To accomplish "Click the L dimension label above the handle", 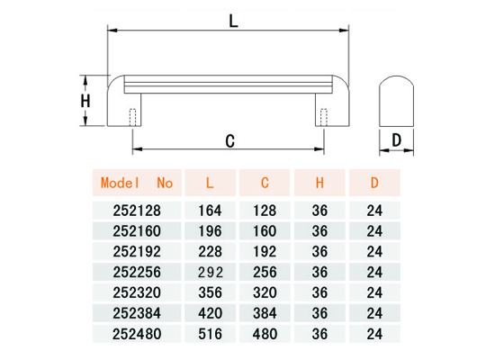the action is pyautogui.click(x=233, y=22).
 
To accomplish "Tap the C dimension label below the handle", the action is pyautogui.click(x=230, y=141).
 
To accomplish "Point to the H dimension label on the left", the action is pyautogui.click(x=85, y=101).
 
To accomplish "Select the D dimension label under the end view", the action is pyautogui.click(x=396, y=139).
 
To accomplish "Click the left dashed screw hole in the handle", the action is pyautogui.click(x=133, y=117).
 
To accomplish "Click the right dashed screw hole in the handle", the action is pyautogui.click(x=324, y=117).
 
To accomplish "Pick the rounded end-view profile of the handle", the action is pyautogui.click(x=396, y=101).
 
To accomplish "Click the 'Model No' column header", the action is pyautogui.click(x=137, y=183).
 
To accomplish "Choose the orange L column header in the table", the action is pyautogui.click(x=210, y=183).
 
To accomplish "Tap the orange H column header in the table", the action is pyautogui.click(x=319, y=183).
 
